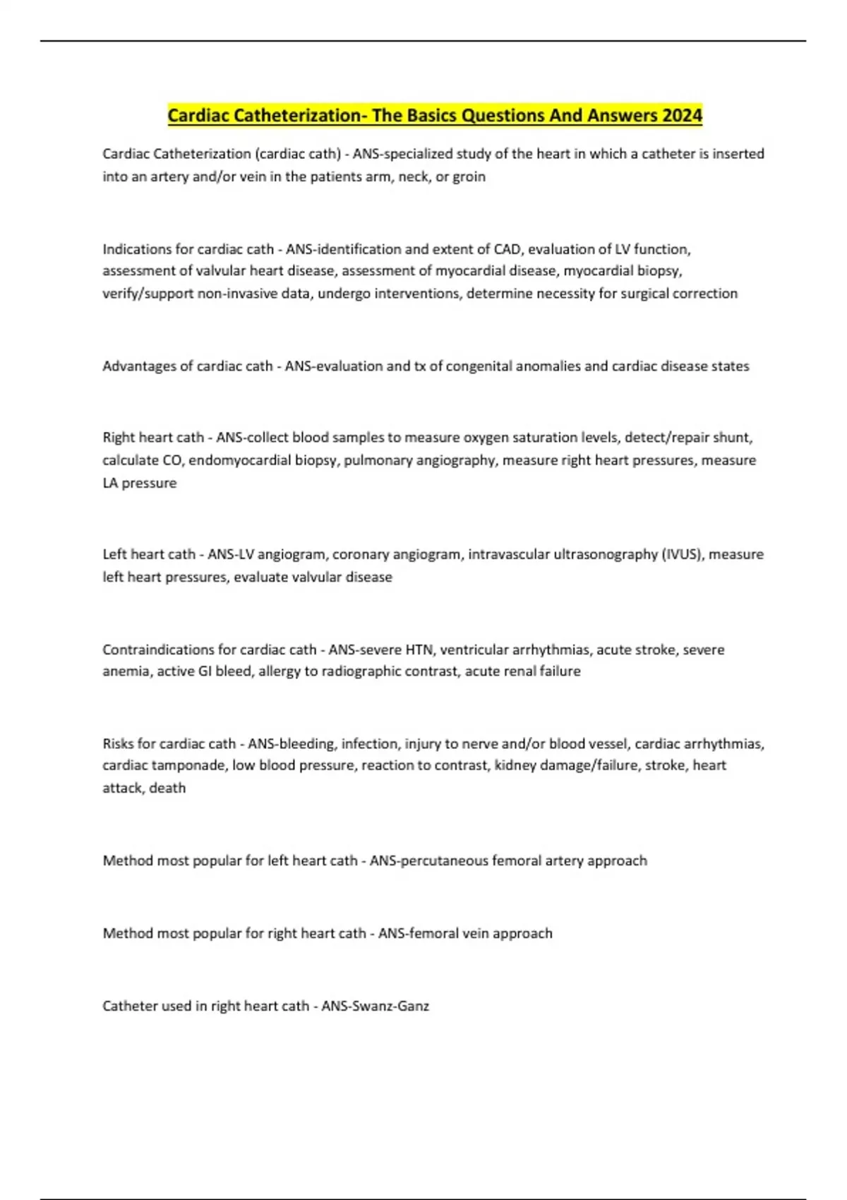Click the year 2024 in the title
682,115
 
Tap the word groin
469,176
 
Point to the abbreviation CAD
507,249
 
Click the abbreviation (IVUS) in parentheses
683,555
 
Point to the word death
167,788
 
